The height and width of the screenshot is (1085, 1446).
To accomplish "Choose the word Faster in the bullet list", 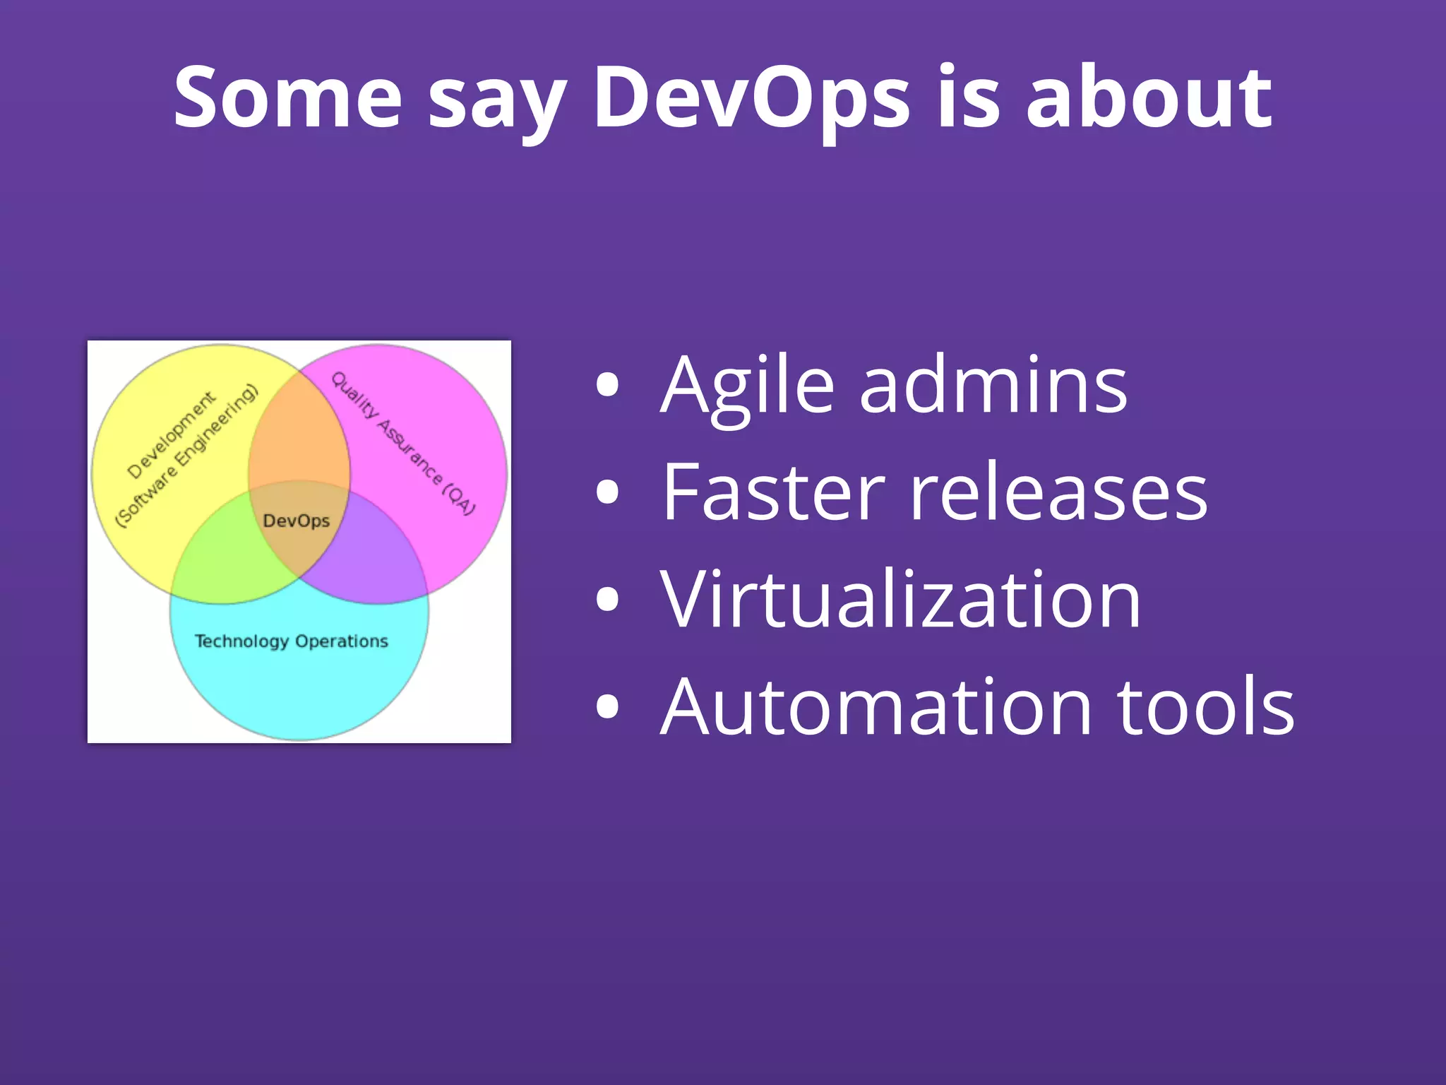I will coord(774,492).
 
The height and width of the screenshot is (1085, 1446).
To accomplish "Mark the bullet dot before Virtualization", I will coord(607,599).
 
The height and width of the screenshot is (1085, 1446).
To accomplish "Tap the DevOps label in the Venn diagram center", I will coord(296,521).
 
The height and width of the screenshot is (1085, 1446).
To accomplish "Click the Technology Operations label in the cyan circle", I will coord(291,641).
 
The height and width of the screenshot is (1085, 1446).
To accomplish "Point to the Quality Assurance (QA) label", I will coord(403,443).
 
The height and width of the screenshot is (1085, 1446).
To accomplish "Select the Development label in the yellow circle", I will coord(171,435).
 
